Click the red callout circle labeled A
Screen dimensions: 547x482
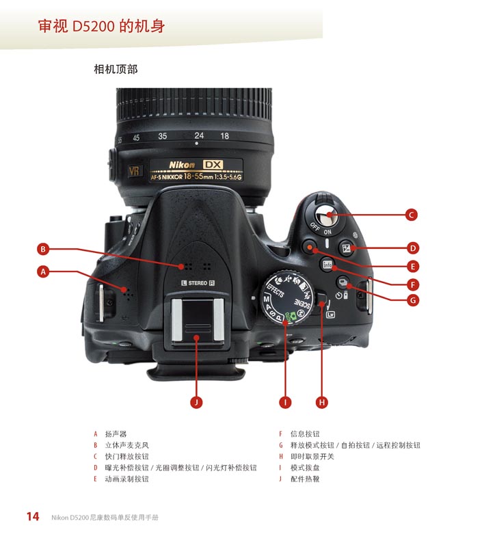[x=43, y=271]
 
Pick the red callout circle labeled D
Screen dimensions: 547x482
[x=413, y=248]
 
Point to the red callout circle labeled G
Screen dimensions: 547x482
[x=413, y=299]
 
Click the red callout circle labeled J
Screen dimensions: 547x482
[x=196, y=402]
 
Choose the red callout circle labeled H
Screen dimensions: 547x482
[x=322, y=402]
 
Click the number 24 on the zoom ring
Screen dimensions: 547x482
[x=198, y=136]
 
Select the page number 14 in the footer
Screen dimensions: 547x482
[x=32, y=517]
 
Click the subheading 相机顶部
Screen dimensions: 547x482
[x=116, y=69]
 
